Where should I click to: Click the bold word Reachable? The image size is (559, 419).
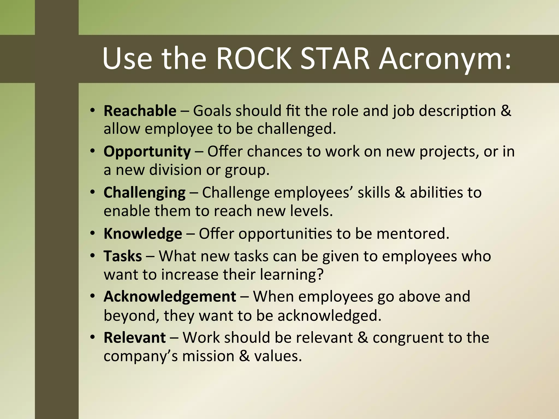coord(140,111)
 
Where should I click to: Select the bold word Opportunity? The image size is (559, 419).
coord(147,152)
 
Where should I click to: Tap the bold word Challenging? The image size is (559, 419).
coord(144,193)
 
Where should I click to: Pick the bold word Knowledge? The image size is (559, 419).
coord(142,234)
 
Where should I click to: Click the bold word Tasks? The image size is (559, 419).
coord(123,256)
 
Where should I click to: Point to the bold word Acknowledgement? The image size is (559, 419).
coord(170,297)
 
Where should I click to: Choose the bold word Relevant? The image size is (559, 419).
coord(135,338)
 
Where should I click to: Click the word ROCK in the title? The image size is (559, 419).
coord(254,59)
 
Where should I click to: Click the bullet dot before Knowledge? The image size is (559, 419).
coord(93,234)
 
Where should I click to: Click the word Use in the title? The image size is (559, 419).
coord(127,59)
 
